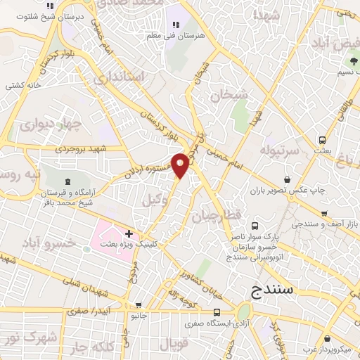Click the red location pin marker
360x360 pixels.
point(181,165)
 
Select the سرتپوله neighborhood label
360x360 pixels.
point(280,150)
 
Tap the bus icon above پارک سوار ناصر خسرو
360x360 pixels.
point(255,226)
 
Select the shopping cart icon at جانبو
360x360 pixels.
point(139,305)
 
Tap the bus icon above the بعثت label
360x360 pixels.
point(322,139)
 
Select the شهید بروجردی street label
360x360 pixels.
point(102,148)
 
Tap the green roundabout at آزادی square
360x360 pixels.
point(244,311)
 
